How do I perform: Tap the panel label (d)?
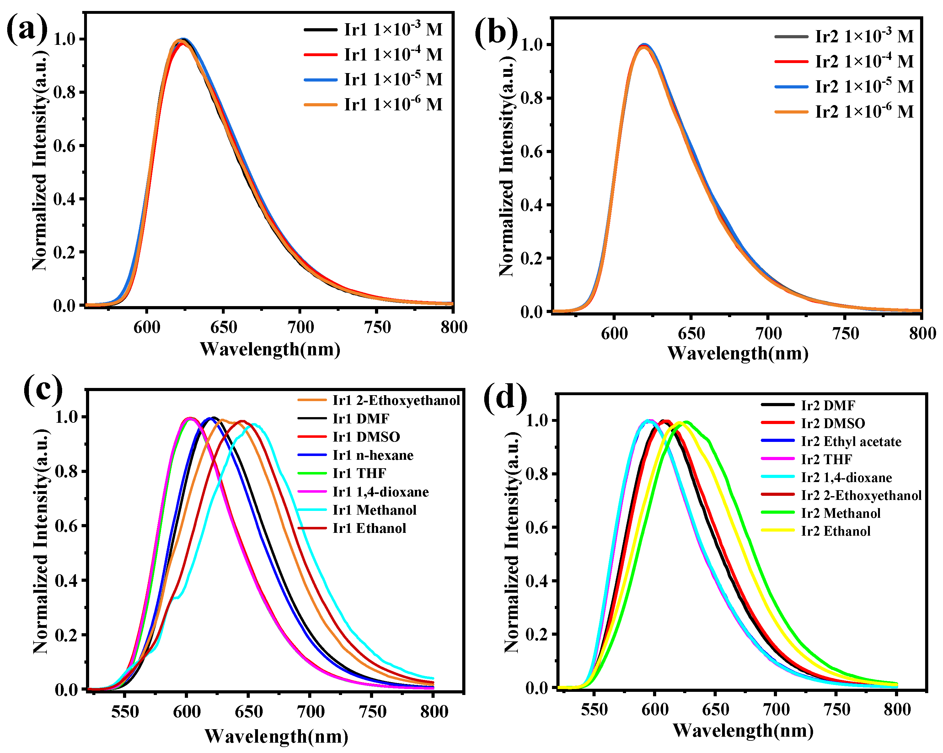tap(505, 399)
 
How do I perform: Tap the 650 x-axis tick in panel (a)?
tap(223, 327)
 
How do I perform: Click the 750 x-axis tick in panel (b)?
tap(845, 333)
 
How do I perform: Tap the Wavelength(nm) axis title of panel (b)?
tap(737, 353)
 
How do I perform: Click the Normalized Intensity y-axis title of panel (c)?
tap(41, 542)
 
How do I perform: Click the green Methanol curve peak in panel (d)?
tap(687, 422)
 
